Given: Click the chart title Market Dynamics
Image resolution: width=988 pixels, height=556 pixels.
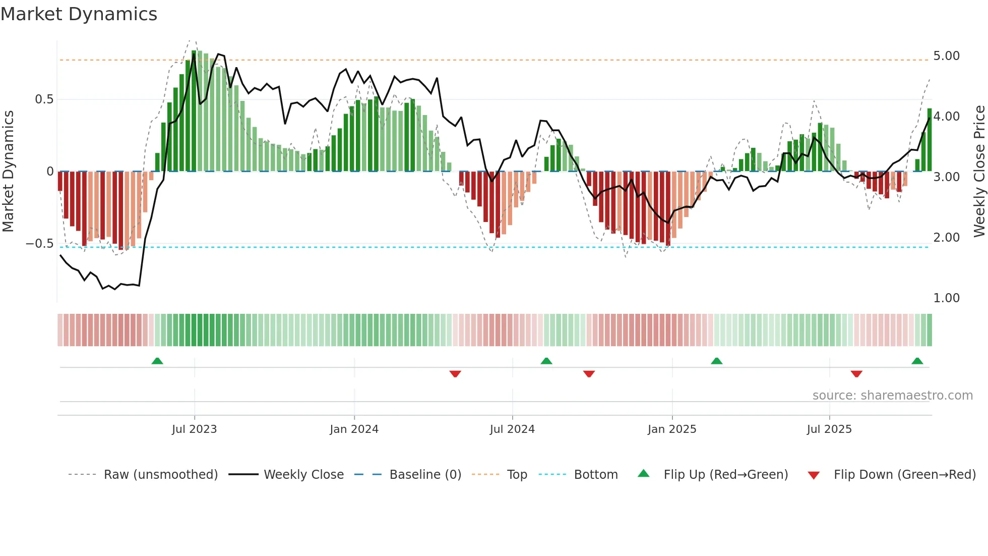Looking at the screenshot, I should click(x=79, y=14).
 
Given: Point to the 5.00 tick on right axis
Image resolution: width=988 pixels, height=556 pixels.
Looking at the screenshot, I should click(x=946, y=56).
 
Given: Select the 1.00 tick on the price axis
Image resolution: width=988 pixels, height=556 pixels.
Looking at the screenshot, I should click(x=946, y=298).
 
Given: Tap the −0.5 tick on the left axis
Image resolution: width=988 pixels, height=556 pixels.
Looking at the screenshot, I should click(x=39, y=244).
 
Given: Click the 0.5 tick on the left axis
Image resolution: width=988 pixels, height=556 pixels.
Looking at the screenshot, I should click(x=44, y=99).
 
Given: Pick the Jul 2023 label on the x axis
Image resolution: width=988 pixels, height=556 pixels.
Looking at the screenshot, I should click(x=194, y=429).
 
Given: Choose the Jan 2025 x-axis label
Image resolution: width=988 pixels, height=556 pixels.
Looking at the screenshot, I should click(x=671, y=429).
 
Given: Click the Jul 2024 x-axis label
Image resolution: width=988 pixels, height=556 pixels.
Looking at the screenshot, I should click(x=512, y=429).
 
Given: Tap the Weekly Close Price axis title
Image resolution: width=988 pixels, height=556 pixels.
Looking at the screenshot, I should click(x=979, y=172).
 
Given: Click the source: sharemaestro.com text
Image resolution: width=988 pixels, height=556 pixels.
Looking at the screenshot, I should click(x=892, y=396).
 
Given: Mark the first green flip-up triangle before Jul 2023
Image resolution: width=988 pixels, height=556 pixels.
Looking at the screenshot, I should click(x=157, y=361).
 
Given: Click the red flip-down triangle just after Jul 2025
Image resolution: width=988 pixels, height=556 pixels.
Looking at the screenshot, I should click(x=856, y=374).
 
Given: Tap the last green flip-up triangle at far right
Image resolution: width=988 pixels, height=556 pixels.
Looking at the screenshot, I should click(x=917, y=361).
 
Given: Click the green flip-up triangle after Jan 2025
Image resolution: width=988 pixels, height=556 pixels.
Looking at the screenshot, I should click(x=716, y=361).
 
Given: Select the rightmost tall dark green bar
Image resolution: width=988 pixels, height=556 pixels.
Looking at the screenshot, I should click(x=930, y=140).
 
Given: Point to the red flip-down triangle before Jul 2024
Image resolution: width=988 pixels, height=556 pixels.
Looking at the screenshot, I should click(x=455, y=374).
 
